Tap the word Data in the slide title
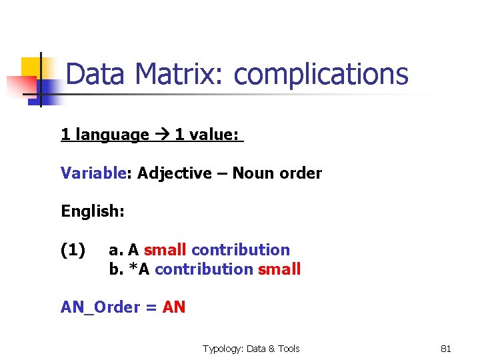point(95,74)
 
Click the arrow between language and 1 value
point(161,135)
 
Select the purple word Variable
point(93,173)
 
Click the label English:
point(93,212)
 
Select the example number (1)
point(73,250)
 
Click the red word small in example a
point(165,250)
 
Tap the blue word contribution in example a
point(241,250)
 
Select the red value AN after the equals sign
point(174,307)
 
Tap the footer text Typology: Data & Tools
point(251,349)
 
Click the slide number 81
point(446,349)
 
